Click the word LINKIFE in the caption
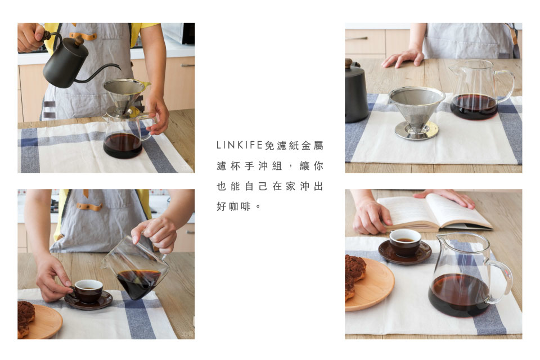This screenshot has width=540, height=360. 240,145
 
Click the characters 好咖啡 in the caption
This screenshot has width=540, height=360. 233,206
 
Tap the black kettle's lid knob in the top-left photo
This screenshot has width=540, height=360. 79,40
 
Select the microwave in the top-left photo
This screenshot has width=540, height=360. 178,33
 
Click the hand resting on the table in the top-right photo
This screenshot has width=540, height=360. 403,57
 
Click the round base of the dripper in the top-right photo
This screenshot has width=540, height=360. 417,130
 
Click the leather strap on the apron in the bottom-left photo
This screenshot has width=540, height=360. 89,206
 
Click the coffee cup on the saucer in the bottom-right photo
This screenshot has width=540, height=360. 405,242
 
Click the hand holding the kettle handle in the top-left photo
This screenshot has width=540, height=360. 30,37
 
